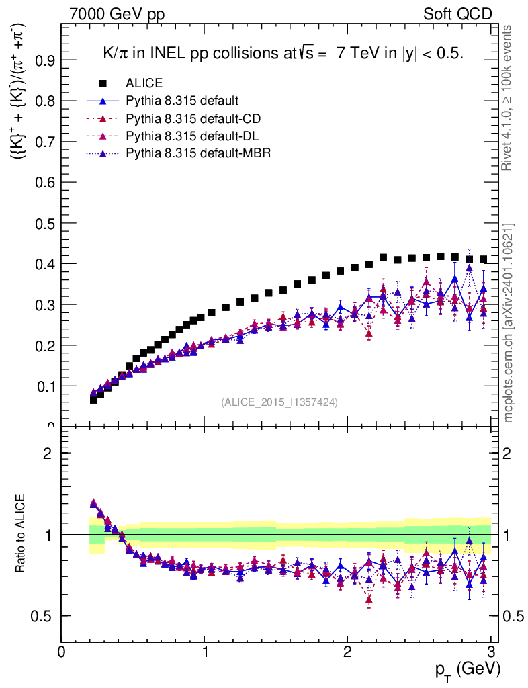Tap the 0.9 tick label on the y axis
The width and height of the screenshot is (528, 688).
coord(46,60)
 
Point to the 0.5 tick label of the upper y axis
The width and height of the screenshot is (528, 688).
coord(46,223)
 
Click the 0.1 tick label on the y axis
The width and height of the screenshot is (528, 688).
coord(46,386)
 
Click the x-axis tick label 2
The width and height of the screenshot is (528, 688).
coord(347,652)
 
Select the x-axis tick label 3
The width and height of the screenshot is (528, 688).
coord(490,652)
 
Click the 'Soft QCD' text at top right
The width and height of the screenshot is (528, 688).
coord(457,14)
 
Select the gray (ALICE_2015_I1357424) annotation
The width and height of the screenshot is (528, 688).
coord(279,402)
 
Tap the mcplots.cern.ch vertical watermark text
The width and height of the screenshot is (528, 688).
coord(509,322)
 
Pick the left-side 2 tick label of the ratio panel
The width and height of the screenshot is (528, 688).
coord(48,453)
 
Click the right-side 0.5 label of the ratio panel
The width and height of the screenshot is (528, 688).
coord(515,616)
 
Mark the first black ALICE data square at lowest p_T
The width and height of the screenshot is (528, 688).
coord(93,400)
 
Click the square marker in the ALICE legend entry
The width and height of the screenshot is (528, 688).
coord(103,83)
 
